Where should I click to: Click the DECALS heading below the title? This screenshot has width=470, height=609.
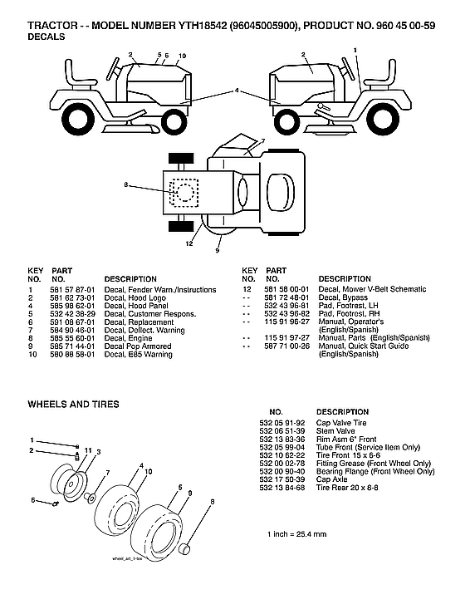pos(47,38)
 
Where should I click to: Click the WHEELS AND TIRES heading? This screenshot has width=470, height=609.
pos(73,404)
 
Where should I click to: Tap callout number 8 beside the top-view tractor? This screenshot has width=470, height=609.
pos(126,184)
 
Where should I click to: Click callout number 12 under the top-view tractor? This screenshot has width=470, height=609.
pos(189,243)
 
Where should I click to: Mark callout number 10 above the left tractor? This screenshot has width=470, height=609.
pos(182,56)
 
